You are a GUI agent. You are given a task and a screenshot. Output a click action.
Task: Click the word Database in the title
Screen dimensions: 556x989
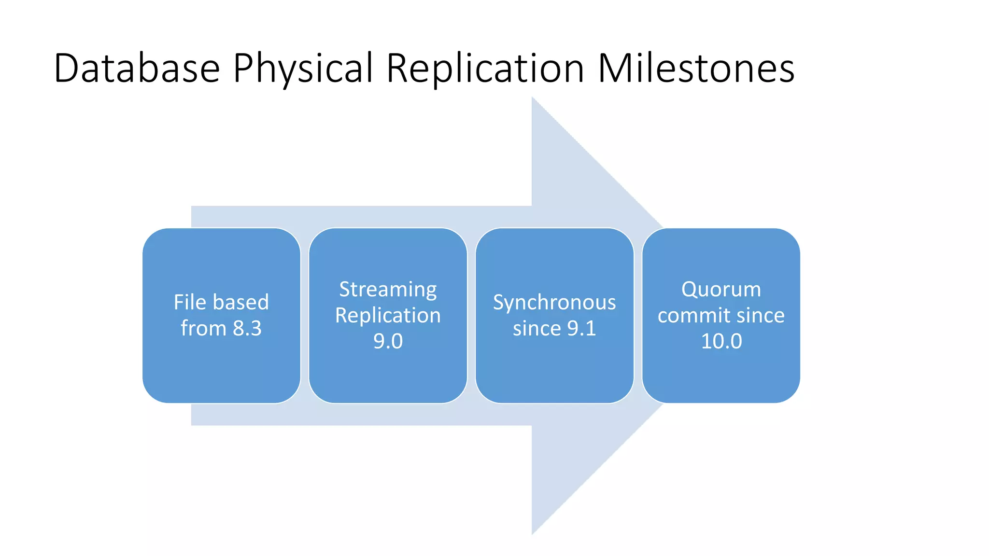[x=137, y=69]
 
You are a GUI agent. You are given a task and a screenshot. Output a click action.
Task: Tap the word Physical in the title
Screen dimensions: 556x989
[x=303, y=69]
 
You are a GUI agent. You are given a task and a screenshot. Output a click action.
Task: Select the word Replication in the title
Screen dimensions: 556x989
[x=485, y=69]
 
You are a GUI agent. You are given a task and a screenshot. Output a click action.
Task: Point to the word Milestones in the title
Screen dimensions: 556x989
[x=696, y=69]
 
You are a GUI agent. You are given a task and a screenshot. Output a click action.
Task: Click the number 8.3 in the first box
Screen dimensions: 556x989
[x=247, y=329]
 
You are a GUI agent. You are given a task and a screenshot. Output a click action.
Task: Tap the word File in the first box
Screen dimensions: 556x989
[x=190, y=303]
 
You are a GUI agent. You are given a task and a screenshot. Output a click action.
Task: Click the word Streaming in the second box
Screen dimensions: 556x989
[x=388, y=290]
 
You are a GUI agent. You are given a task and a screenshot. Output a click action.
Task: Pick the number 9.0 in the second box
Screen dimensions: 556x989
[x=388, y=341]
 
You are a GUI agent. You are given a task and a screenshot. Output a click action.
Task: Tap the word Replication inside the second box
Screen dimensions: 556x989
[x=388, y=316]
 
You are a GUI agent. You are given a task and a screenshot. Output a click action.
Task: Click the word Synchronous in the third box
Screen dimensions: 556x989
[x=554, y=303]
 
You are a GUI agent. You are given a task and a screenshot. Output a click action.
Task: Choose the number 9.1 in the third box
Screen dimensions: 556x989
[x=581, y=329]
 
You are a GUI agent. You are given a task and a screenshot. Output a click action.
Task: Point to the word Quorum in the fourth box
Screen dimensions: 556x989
[x=721, y=290]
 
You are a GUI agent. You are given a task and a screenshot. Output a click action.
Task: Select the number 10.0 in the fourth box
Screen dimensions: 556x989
[x=721, y=341]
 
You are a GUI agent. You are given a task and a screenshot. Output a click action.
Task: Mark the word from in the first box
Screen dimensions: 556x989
[x=203, y=329]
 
